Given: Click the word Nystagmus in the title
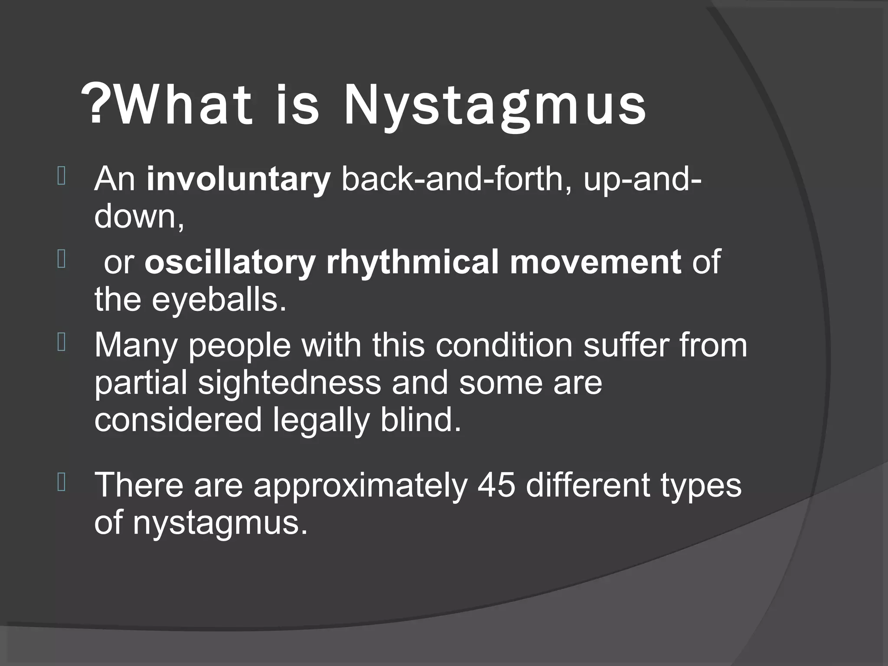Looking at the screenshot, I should point(494,106).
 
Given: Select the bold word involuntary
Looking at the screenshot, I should point(238,180).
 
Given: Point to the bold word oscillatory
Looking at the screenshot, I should point(230,262).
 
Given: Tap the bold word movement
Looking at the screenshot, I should point(595,262).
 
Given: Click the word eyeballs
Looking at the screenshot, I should point(219,300).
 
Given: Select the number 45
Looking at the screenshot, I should point(496,485).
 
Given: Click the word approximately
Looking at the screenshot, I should point(360,486).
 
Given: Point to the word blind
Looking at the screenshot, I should point(421,420).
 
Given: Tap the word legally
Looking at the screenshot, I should point(321,421).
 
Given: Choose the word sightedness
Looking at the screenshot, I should point(290,382).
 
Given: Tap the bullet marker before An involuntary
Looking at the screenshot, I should point(61,177).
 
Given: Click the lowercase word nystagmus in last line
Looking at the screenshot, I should point(220,523).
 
